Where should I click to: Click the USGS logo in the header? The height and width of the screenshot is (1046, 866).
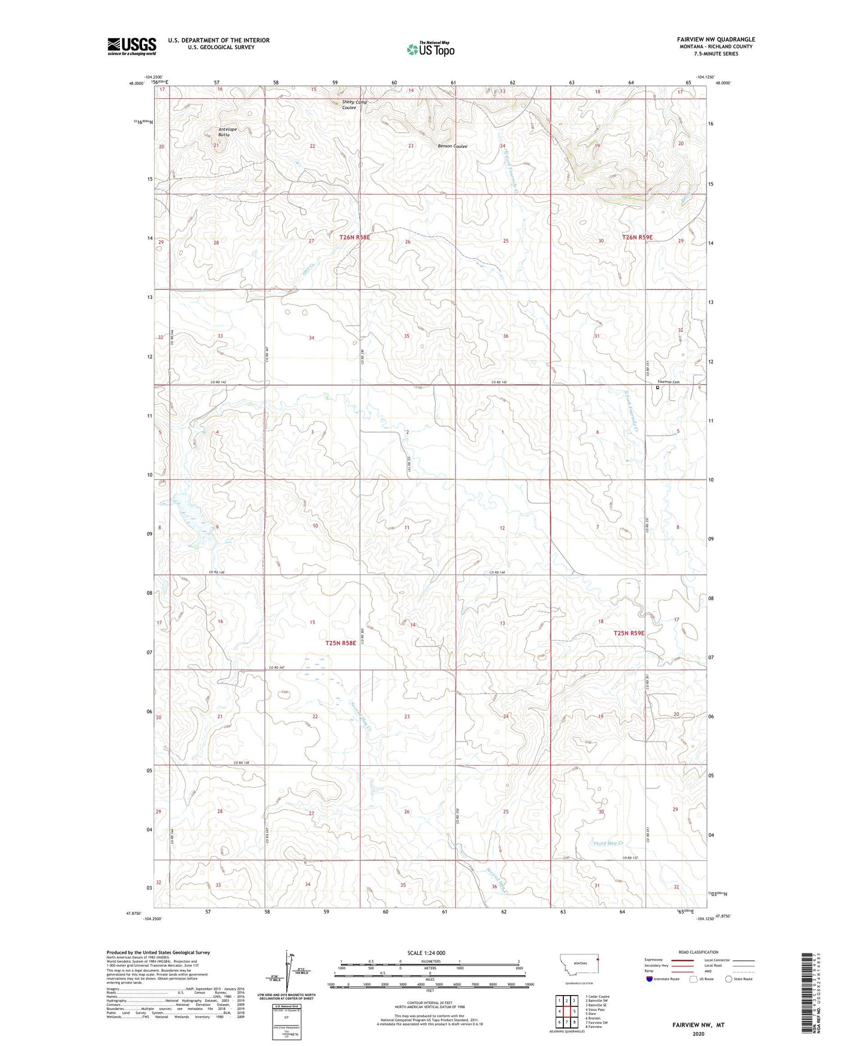tap(132, 46)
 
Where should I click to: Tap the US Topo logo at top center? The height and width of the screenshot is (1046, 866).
tap(430, 49)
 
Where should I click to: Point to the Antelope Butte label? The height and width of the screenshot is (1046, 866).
tap(224, 132)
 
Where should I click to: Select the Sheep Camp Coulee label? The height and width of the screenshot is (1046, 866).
tap(354, 104)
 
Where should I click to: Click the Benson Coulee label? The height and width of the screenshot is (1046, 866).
tap(452, 146)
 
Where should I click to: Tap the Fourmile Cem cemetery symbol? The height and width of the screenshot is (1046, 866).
tap(657, 388)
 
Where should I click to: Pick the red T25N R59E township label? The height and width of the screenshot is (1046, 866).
tap(629, 633)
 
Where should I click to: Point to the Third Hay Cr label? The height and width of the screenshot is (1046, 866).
tap(608, 844)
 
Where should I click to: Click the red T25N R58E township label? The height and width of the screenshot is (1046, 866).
tap(340, 643)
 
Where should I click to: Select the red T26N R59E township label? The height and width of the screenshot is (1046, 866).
tap(637, 237)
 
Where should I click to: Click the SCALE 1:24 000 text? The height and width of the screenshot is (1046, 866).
tap(426, 953)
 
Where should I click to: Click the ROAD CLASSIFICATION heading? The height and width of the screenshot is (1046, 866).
tap(698, 952)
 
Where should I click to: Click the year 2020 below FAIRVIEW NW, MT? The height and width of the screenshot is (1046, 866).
tap(698, 1033)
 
